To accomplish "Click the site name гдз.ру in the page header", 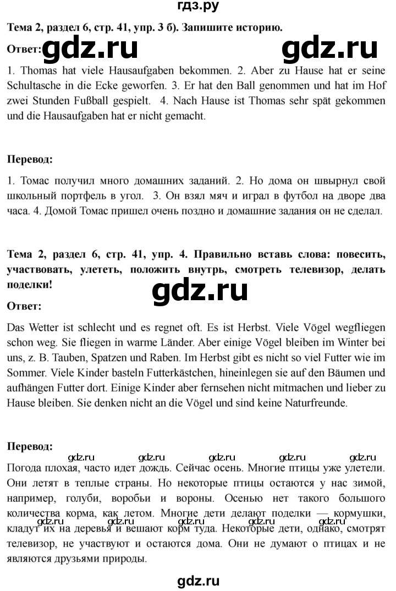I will pyautogui.click(x=198, y=7).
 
